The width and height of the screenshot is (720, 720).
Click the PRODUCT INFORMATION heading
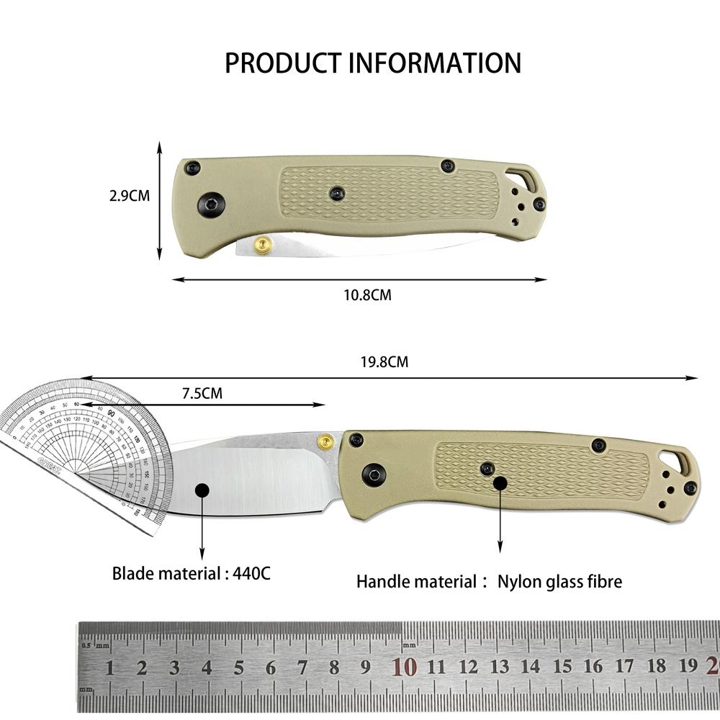click(x=373, y=63)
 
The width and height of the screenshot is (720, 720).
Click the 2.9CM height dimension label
click(x=130, y=196)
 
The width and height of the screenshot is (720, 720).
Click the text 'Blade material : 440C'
click(x=192, y=574)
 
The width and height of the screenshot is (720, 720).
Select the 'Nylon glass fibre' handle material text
click(x=559, y=581)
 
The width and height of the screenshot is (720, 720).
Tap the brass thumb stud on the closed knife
click(x=263, y=246)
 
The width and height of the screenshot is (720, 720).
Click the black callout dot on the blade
click(x=202, y=490)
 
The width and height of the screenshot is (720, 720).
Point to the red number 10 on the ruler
click(x=405, y=667)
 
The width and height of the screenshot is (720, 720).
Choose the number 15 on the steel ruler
click(x=562, y=667)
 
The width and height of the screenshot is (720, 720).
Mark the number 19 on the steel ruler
click(x=688, y=666)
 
